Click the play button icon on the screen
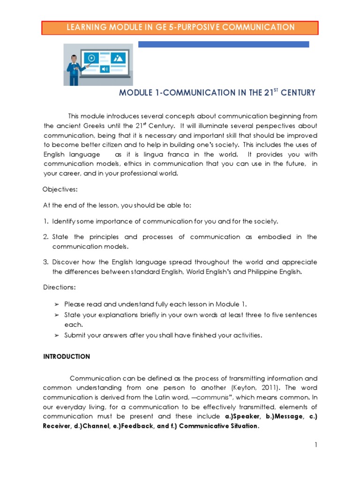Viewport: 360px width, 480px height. click(91, 58)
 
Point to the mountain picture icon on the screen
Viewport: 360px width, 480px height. click(119, 58)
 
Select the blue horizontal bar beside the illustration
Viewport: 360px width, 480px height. click(224, 44)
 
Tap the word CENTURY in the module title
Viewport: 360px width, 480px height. click(297, 93)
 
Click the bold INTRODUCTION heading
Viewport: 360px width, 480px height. click(66, 356)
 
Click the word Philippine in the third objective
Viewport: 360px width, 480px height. click(257, 271)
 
